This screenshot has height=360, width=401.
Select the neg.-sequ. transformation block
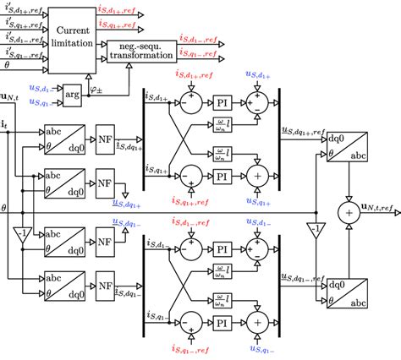[141, 49]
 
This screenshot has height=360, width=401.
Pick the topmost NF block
[105, 139]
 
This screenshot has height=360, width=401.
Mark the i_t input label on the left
[7, 124]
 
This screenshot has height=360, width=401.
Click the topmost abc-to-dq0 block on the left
[60, 139]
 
